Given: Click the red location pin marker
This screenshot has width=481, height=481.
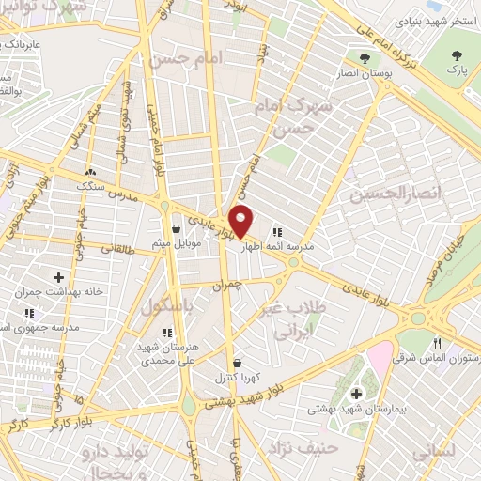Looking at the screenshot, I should [x=241, y=220].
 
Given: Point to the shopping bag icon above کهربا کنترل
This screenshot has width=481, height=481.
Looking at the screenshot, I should [x=236, y=363].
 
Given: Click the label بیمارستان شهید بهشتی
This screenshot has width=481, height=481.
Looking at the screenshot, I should [x=355, y=411].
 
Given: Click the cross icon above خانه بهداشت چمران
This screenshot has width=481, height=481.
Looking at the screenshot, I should [x=59, y=277].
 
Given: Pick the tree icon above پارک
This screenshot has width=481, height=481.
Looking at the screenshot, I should [x=457, y=55].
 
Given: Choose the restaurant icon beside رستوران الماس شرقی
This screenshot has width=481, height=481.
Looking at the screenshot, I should [x=438, y=345].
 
